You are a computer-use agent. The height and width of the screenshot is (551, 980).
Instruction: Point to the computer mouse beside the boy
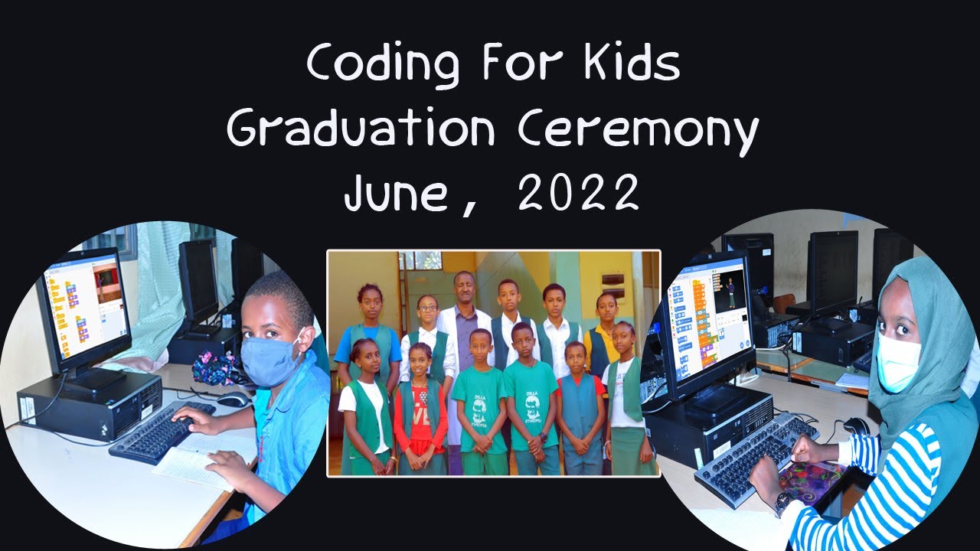(x=233, y=399)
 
